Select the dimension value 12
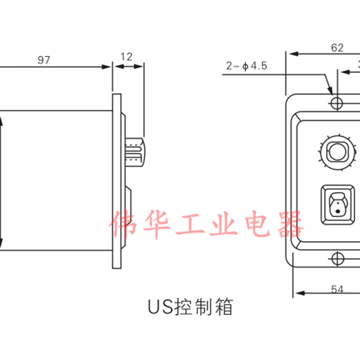pyautogui.click(x=127, y=57)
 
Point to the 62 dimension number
pyautogui.click(x=337, y=48)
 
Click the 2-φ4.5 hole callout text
pyautogui.click(x=247, y=66)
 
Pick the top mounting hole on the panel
pyautogui.click(x=336, y=103)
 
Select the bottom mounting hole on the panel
pyautogui.click(x=336, y=258)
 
